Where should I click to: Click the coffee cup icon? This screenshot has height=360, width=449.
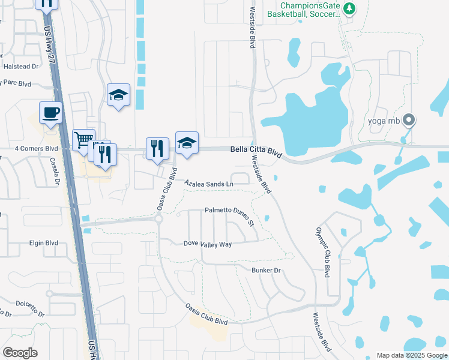click(50, 112)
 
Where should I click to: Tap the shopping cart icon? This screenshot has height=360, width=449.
click(83, 140)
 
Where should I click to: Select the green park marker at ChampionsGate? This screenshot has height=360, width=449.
click(349, 8)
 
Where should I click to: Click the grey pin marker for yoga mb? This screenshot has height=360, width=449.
click(409, 120)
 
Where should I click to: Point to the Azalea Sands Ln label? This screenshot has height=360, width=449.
click(208, 183)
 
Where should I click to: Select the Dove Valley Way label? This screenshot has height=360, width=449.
click(207, 244)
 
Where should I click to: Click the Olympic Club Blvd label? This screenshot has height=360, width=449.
click(322, 252)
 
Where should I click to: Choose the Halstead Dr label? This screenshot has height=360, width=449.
click(20, 67)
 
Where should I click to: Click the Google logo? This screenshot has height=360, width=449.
click(20, 353)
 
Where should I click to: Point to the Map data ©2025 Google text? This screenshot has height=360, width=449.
click(411, 355)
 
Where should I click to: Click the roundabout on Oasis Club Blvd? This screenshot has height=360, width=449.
click(160, 219)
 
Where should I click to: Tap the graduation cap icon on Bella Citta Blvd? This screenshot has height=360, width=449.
click(187, 142)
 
